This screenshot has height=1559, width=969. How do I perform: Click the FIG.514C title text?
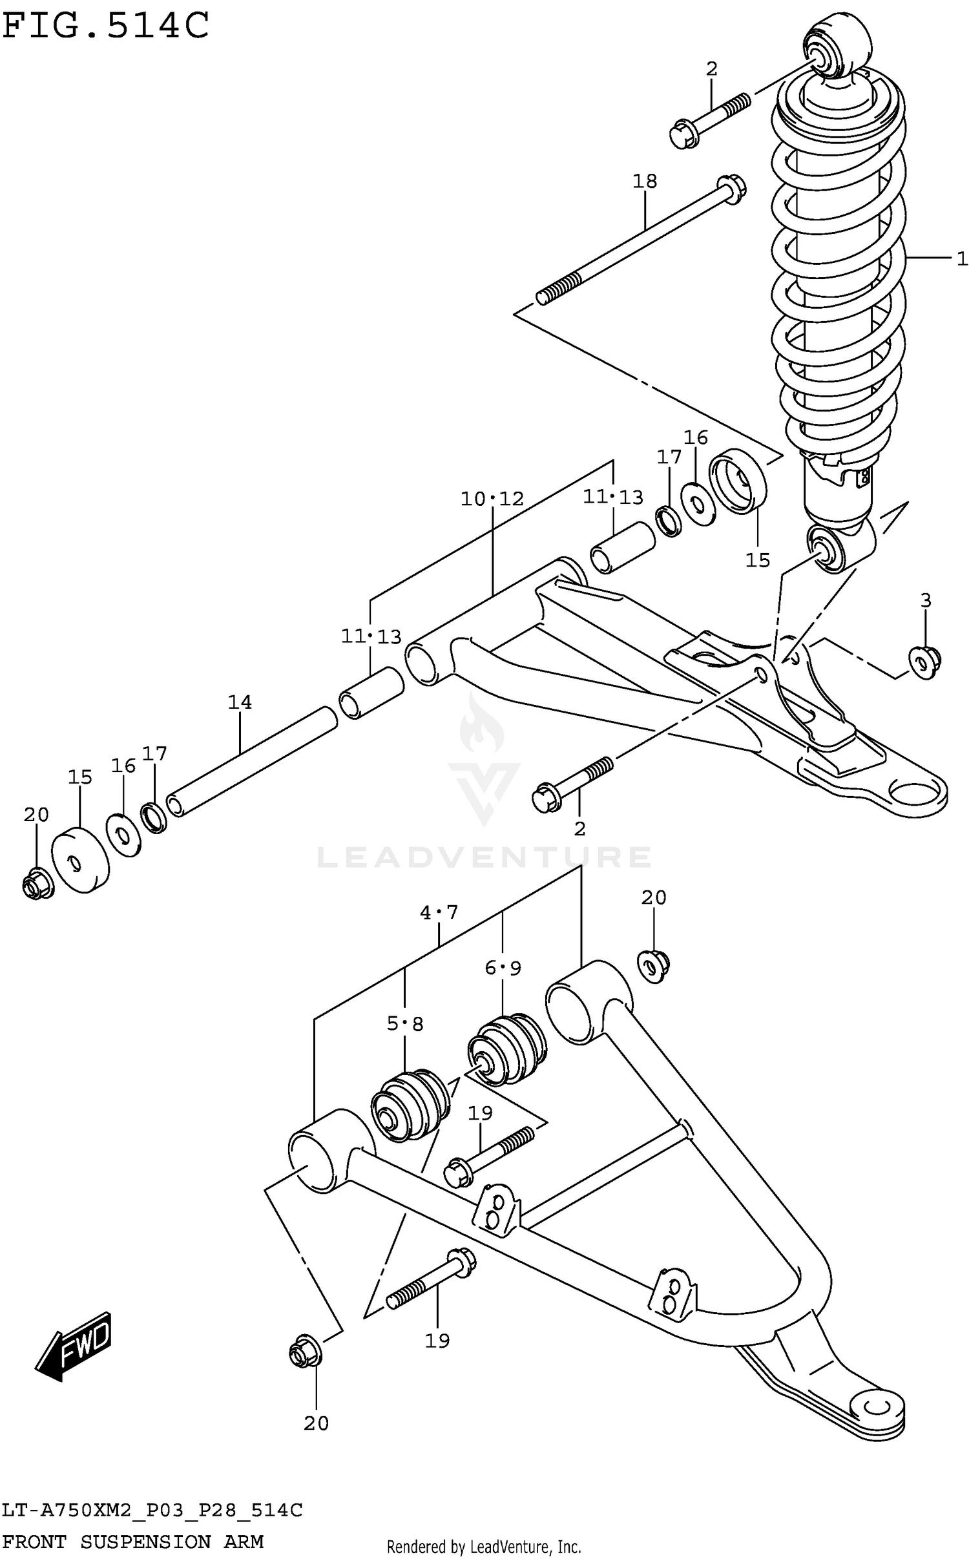[x=106, y=26]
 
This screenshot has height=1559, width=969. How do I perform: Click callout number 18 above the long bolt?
[x=644, y=182]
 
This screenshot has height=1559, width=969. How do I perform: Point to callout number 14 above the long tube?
[x=240, y=702]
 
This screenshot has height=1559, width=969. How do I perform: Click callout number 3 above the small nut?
[x=926, y=601]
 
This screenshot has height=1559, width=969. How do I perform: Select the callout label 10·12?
[x=492, y=499]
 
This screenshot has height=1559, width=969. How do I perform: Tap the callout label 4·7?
[x=439, y=912]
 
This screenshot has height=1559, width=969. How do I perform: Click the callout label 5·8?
[x=405, y=1023]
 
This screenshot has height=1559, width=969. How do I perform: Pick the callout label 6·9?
[x=503, y=968]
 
